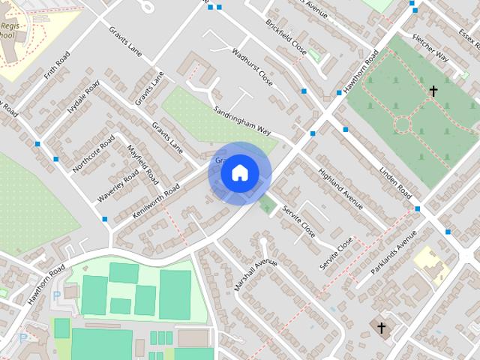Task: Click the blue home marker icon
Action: (x=239, y=173)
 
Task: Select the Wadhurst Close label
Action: (x=252, y=67)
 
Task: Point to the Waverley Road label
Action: (x=118, y=187)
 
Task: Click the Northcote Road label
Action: (x=94, y=154)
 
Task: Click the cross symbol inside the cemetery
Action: (x=433, y=91)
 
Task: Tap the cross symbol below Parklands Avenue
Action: (x=381, y=328)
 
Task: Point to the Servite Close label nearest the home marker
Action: (x=298, y=223)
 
